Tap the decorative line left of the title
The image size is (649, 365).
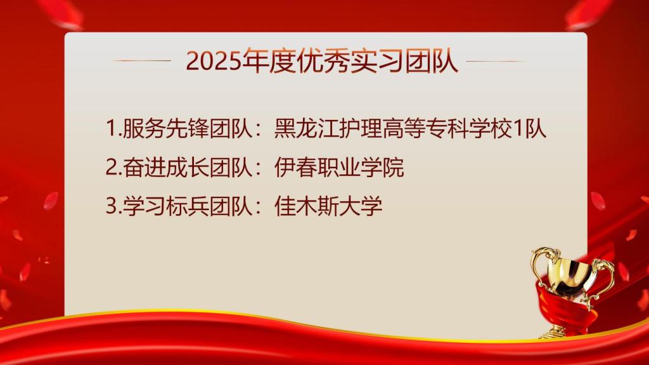click(141, 60)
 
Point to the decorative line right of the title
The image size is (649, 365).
click(496, 61)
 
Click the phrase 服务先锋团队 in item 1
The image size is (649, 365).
click(188, 129)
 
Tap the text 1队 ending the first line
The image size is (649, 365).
click(529, 129)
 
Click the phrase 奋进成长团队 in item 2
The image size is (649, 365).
click(188, 168)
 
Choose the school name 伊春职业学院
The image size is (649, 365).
click(339, 168)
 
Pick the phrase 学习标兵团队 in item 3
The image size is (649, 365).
click(188, 206)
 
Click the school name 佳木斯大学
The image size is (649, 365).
click(328, 206)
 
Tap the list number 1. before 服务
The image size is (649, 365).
click(114, 129)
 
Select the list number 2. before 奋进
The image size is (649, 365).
click(114, 168)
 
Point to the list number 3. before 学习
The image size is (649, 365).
click(114, 206)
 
